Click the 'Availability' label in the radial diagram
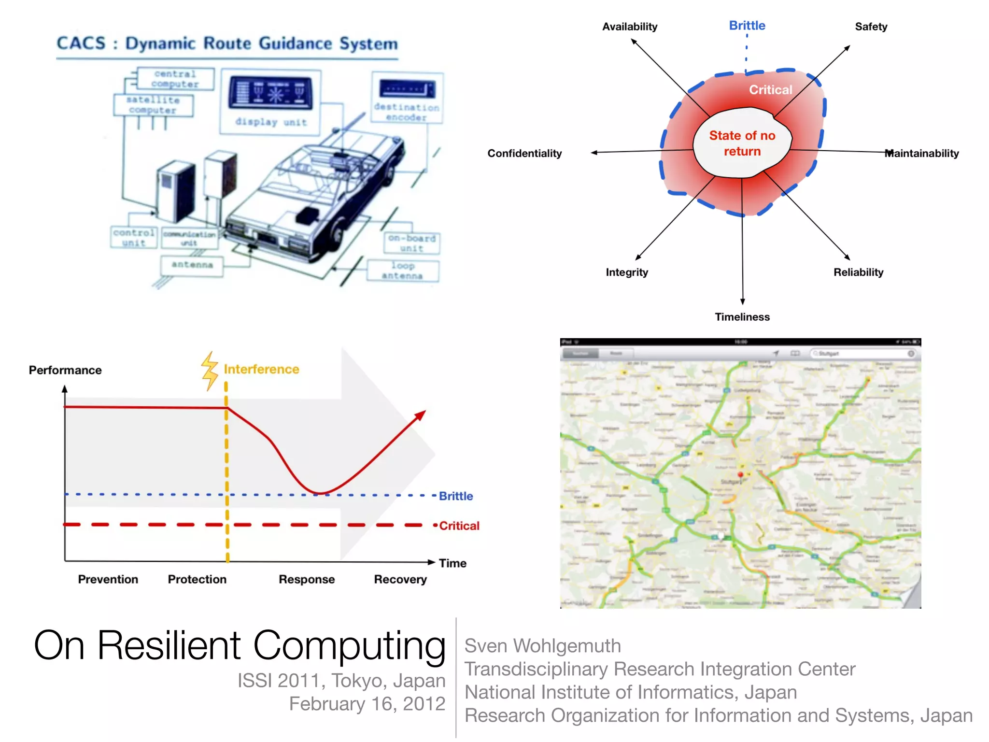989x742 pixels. click(x=629, y=27)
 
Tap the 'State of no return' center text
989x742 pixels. click(x=742, y=143)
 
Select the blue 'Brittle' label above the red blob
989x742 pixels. click(x=747, y=26)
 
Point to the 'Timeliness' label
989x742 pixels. click(x=742, y=317)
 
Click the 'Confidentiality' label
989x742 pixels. click(x=524, y=153)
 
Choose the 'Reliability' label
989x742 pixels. click(x=858, y=272)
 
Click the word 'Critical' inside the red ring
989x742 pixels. click(x=770, y=90)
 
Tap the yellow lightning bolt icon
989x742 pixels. click(x=210, y=371)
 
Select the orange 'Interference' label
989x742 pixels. click(x=261, y=370)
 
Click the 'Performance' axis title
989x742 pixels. click(x=65, y=370)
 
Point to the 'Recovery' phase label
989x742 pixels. click(x=400, y=579)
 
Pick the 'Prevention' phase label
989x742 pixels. click(x=108, y=579)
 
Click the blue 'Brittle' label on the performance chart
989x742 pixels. click(x=456, y=496)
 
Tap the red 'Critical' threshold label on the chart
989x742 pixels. click(x=459, y=526)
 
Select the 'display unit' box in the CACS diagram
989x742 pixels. click(x=270, y=101)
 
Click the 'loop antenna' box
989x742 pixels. click(x=403, y=271)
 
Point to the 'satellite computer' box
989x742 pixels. click(x=153, y=105)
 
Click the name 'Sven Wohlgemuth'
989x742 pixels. click(x=542, y=646)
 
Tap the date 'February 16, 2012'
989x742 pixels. click(x=367, y=704)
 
